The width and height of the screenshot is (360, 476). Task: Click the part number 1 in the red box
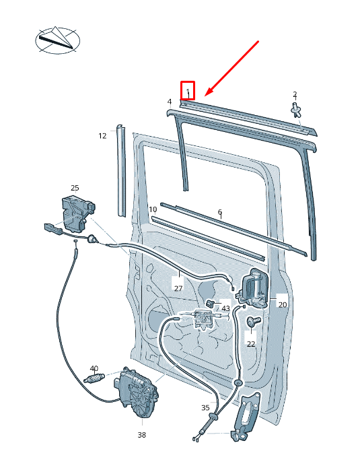(188, 91)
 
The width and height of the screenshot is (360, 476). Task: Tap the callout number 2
(295, 94)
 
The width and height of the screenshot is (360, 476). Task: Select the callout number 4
(170, 102)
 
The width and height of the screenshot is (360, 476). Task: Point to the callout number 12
(102, 136)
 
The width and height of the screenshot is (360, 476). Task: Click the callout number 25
(75, 188)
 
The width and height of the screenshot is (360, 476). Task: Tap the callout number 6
(220, 212)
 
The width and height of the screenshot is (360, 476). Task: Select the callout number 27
(178, 287)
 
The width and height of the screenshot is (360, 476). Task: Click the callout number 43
(225, 308)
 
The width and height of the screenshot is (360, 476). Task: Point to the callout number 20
(283, 304)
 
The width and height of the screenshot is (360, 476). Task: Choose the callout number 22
(251, 344)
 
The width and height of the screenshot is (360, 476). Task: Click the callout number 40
(94, 368)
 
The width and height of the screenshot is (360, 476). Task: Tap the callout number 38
(141, 435)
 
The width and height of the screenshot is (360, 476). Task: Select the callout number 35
(205, 408)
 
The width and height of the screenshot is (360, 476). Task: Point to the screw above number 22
(254, 321)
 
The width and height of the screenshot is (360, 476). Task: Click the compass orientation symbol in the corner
(58, 40)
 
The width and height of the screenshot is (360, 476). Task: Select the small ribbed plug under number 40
(94, 378)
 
